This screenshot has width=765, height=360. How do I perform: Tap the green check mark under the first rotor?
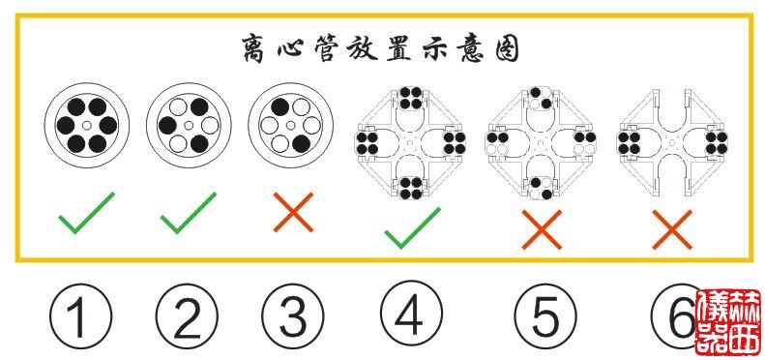point(85,213)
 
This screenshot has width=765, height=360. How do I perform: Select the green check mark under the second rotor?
point(188,213)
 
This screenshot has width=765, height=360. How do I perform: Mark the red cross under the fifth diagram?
point(542,230)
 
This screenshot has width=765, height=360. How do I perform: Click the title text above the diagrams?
point(381,48)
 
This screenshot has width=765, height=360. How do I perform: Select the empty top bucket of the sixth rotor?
point(671,100)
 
